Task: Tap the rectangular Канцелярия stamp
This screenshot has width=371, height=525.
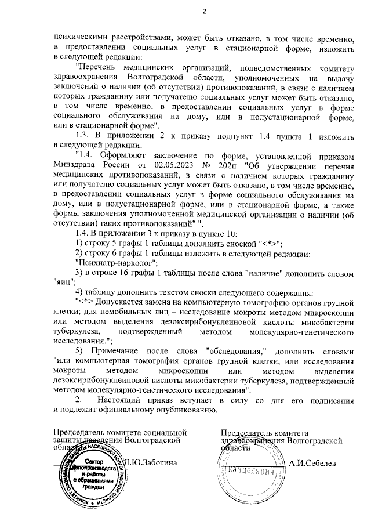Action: pos(250,471)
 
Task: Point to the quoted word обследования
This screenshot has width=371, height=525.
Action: pos(235,352)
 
